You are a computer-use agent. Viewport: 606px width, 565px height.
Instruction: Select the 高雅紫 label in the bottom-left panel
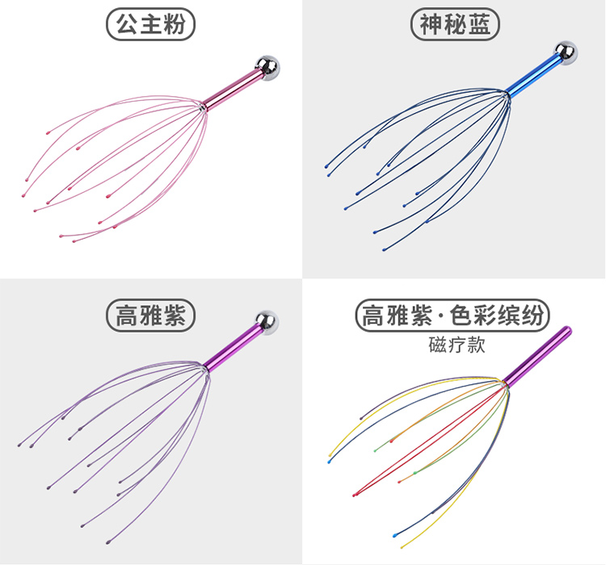click(151, 315)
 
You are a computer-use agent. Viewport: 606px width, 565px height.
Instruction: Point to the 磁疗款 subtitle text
click(453, 344)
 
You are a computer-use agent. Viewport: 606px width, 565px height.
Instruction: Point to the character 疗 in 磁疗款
click(453, 344)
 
